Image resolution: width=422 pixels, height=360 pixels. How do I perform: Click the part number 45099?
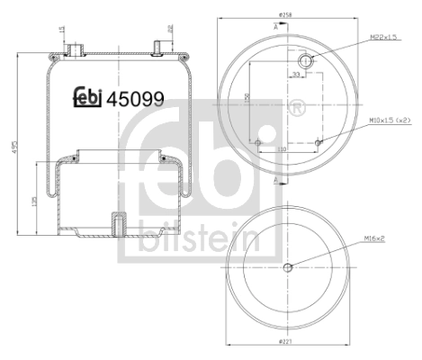[135, 99]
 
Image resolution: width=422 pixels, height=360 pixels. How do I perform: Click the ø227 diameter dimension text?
[286, 344]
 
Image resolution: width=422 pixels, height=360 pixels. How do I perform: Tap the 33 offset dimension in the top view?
[296, 75]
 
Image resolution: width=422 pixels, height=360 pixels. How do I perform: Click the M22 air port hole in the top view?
[306, 60]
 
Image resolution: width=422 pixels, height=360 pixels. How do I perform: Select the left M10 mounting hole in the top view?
[257, 140]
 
